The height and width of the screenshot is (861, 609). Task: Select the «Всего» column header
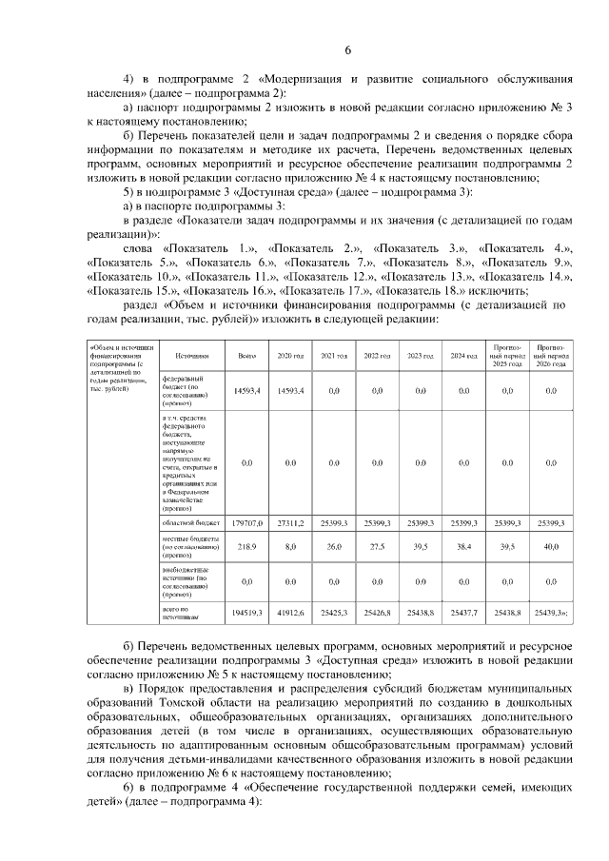tap(246, 355)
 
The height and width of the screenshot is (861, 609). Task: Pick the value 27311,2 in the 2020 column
tap(289, 523)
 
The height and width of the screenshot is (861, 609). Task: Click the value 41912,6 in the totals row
tap(289, 614)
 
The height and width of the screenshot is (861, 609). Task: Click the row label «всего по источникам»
tap(182, 614)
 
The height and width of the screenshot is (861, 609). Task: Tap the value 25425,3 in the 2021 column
tap(333, 614)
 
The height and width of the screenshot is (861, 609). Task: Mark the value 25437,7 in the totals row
tap(463, 614)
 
